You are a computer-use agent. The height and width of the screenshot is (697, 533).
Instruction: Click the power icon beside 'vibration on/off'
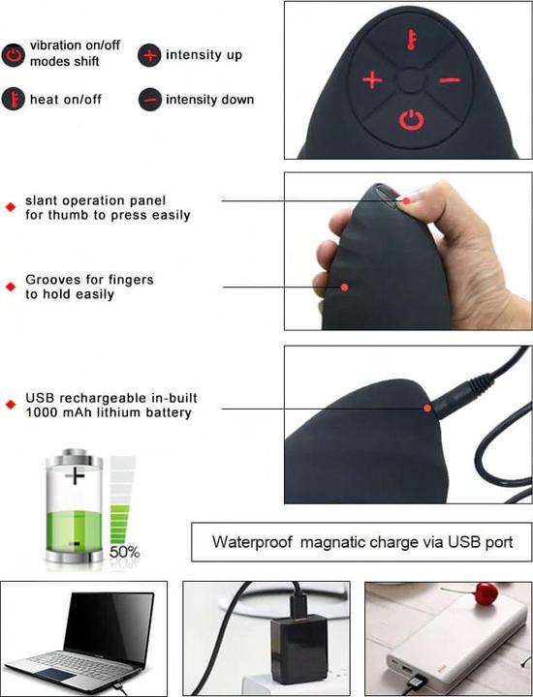tap(14, 55)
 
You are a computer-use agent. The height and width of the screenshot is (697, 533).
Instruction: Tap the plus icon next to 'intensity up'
tap(149, 55)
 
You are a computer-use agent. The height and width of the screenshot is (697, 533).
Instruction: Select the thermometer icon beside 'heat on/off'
tap(14, 99)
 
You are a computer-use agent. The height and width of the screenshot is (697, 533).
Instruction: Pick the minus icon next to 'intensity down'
tap(150, 100)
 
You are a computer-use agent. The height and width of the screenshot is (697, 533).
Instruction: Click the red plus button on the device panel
tap(372, 80)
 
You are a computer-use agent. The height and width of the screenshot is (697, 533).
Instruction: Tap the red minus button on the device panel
tap(450, 80)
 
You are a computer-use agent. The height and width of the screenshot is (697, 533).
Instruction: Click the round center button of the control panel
tap(411, 81)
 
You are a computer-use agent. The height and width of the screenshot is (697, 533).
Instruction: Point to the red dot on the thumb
tap(406, 201)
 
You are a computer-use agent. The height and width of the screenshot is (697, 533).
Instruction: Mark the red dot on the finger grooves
tap(344, 288)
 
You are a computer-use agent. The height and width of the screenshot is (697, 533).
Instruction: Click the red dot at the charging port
tap(427, 409)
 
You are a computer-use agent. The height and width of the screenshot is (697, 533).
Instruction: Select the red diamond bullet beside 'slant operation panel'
tap(11, 207)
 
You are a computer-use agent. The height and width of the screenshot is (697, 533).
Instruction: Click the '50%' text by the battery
tap(125, 552)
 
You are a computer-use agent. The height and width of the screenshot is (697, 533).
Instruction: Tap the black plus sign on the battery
tap(75, 476)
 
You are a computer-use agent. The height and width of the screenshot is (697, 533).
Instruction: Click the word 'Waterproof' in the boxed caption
tap(252, 542)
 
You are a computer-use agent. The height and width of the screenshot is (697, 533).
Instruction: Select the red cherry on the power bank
tap(486, 593)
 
